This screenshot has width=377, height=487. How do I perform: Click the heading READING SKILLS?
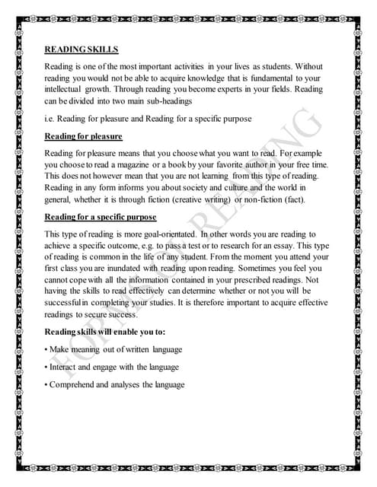click(x=81, y=49)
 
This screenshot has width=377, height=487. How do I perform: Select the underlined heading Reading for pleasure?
click(x=83, y=136)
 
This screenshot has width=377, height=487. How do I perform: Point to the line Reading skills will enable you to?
click(x=105, y=333)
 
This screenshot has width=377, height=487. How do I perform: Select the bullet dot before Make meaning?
click(x=47, y=349)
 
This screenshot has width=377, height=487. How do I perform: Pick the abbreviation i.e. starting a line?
click(x=52, y=119)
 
